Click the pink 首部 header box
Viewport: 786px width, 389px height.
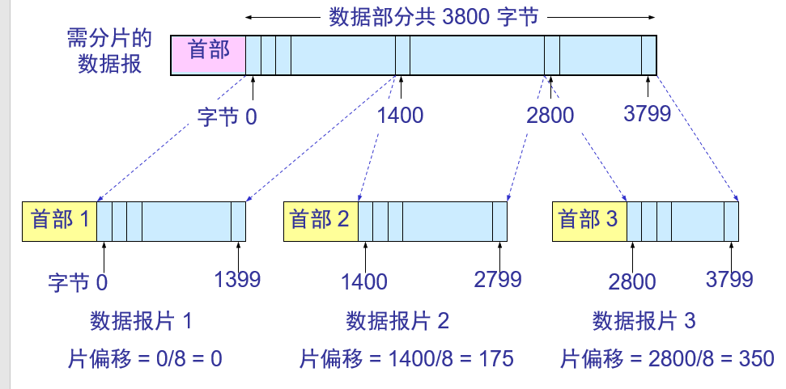click(208, 54)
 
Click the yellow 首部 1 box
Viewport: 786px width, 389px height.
click(60, 221)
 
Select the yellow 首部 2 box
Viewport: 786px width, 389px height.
click(321, 221)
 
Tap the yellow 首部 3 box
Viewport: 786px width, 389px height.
click(589, 221)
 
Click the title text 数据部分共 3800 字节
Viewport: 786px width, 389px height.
click(434, 16)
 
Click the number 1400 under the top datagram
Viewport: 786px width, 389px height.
click(400, 115)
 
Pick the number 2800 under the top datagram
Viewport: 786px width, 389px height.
click(550, 115)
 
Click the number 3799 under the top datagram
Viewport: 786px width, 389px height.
click(648, 113)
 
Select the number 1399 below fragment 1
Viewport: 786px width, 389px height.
click(237, 280)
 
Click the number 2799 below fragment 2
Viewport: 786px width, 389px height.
click(498, 280)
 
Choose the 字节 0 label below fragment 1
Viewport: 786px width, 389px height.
click(78, 282)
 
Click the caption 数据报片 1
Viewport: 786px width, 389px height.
click(141, 321)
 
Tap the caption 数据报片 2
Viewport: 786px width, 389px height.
click(397, 321)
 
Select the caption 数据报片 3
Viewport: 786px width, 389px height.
click(644, 321)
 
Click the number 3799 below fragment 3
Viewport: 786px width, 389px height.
click(729, 280)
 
